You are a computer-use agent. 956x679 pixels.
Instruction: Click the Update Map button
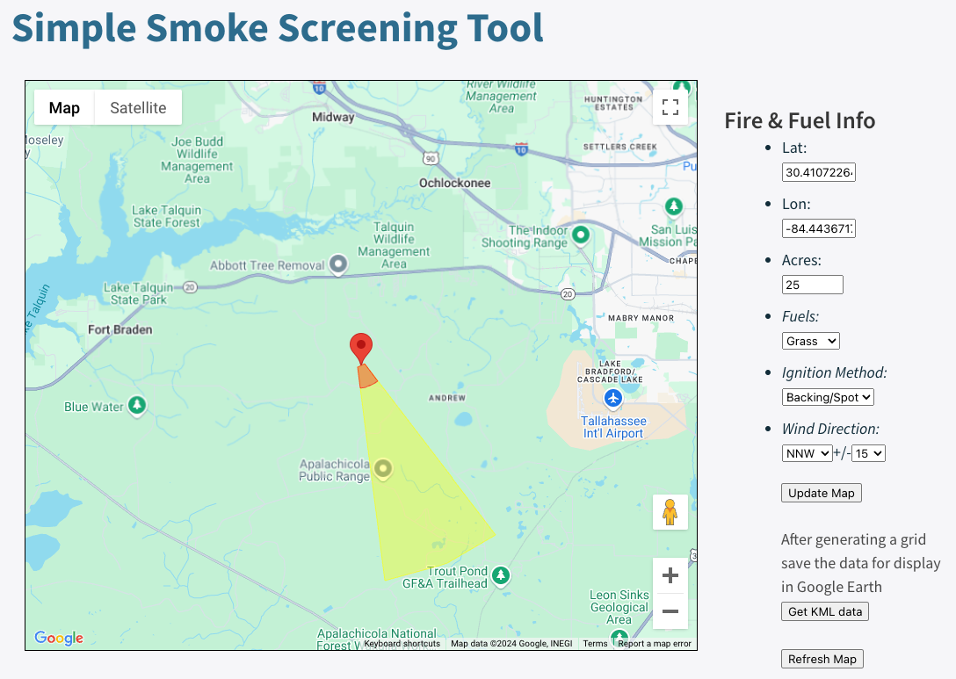point(821,493)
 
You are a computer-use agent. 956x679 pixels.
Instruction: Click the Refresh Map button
point(822,659)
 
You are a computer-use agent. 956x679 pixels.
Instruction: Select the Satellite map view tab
point(138,108)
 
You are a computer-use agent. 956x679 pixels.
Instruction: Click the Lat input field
point(818,173)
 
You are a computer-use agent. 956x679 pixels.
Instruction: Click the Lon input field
point(818,229)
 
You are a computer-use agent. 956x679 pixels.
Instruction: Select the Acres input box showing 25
point(812,285)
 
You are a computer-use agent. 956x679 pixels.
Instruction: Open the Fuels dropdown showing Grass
point(810,341)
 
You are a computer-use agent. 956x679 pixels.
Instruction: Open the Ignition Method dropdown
point(828,397)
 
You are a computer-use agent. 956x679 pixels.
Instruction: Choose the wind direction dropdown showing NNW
point(807,453)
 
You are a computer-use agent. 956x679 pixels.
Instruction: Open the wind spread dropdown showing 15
point(868,453)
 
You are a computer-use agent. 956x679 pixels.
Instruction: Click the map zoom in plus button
point(670,576)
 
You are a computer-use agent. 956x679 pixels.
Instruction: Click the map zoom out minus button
point(670,610)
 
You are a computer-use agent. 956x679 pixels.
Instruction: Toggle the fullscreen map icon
point(670,107)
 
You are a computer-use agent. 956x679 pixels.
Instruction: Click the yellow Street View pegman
point(670,511)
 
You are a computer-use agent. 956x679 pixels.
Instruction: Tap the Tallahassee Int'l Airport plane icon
point(613,399)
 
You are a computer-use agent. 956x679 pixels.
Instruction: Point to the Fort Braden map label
point(120,330)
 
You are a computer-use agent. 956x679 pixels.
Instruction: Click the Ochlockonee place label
point(454,183)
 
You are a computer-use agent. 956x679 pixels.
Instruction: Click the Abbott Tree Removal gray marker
point(338,264)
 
